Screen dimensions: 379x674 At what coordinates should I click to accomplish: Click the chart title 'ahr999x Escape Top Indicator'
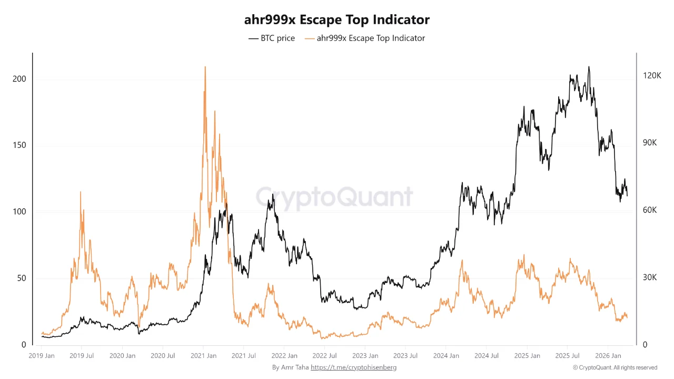tap(336, 20)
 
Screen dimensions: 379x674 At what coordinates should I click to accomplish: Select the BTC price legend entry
tap(272, 38)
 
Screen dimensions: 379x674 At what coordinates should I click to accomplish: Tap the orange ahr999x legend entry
tap(364, 38)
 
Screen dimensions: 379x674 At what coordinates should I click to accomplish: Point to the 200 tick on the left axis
tap(19, 79)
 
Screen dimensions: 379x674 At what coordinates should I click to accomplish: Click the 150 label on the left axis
tap(19, 145)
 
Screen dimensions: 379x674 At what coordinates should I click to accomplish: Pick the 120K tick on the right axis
tap(652, 76)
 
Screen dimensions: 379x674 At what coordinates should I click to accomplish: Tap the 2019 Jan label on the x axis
tap(41, 356)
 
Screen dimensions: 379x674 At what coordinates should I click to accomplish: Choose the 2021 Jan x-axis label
tap(204, 356)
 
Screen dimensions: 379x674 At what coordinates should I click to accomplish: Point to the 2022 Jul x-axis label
tap(325, 356)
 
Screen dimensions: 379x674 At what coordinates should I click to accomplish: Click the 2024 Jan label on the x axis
tap(447, 356)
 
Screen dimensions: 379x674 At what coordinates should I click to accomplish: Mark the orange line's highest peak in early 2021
tap(205, 67)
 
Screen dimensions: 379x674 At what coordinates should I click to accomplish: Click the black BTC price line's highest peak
tap(589, 67)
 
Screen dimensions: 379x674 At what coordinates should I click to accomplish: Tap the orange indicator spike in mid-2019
tap(81, 192)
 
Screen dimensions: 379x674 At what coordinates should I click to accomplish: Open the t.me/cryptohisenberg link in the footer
tap(353, 367)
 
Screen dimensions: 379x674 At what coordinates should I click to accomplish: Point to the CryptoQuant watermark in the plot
tap(334, 197)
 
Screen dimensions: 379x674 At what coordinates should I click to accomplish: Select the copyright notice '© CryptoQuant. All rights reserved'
tap(615, 367)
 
